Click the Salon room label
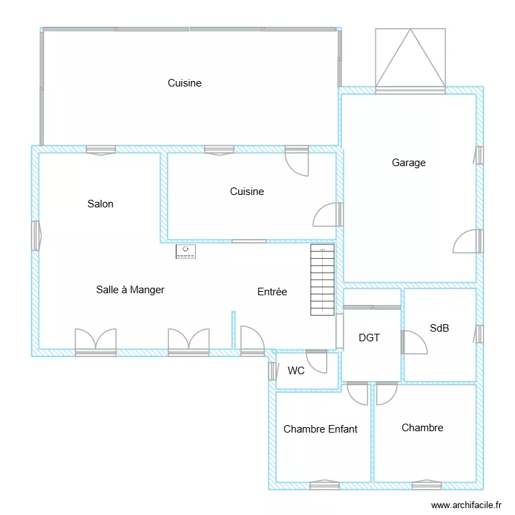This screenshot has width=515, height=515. coord(100,204)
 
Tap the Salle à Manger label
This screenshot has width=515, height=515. coord(130,290)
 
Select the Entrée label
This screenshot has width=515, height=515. coord(272,292)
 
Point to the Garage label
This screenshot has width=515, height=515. coord(409,163)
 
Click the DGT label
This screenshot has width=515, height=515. coord(369,338)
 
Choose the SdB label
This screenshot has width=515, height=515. coord(439,328)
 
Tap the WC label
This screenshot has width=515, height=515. coord(296,371)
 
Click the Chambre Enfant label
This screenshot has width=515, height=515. coord(320,429)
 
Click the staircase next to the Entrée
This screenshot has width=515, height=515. coord(321,280)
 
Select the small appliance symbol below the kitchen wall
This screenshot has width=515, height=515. coord(185,252)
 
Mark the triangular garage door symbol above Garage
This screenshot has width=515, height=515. coord(410,58)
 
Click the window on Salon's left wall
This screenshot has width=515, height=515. coord(35,236)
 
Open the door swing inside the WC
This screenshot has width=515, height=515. coord(317,360)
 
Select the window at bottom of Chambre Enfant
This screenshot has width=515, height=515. coord(324,485)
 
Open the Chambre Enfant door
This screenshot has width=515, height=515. coord(358,393)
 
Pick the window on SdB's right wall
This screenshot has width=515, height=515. coord(479,334)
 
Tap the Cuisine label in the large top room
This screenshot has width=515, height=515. coord(185,83)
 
